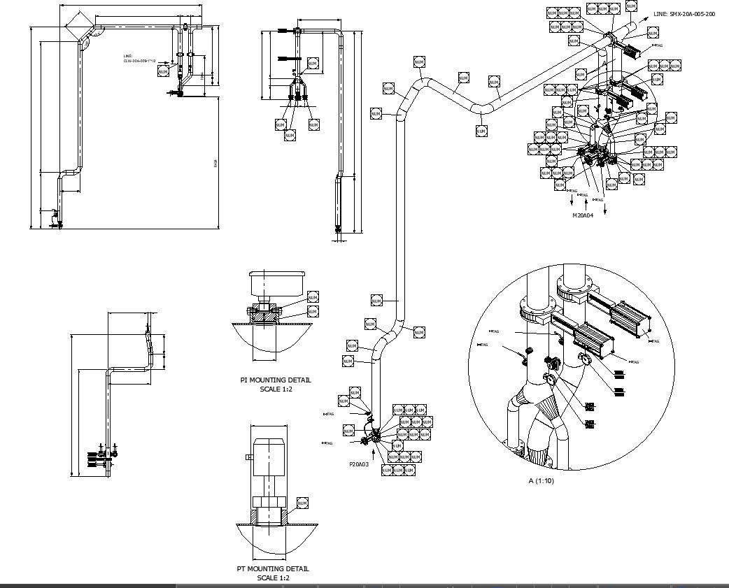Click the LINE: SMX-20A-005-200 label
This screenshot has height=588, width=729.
tap(684, 14)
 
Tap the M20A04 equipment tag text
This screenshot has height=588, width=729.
tap(583, 216)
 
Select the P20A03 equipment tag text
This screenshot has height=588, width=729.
tap(359, 464)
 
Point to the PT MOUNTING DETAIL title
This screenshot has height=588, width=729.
tap(273, 569)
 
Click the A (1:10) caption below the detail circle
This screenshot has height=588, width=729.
tap(541, 480)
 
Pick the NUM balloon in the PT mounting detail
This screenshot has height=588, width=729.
tap(302, 503)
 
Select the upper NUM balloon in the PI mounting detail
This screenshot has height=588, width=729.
tap(313, 297)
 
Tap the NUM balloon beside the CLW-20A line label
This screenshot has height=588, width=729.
tap(163, 71)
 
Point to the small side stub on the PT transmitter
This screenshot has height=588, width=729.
tap(248, 457)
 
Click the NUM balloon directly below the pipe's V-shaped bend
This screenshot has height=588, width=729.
tap(481, 131)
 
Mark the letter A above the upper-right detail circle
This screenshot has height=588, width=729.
tap(604, 63)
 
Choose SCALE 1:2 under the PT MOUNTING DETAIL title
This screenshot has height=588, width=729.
tap(273, 578)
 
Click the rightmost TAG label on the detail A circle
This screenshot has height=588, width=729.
tap(654, 341)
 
